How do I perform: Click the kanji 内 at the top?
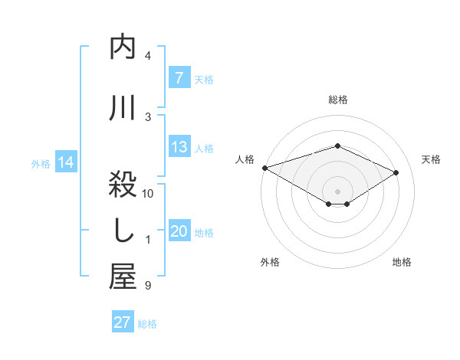(123, 47)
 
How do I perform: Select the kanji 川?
(123, 108)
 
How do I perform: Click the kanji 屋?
(123, 277)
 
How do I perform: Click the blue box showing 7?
(179, 78)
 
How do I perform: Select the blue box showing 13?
(179, 148)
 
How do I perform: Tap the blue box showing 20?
(179, 232)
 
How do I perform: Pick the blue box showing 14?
(65, 162)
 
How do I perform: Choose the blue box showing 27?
(123, 322)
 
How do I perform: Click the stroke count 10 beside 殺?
(148, 194)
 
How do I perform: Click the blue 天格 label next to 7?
(204, 79)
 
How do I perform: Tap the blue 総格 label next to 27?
(147, 323)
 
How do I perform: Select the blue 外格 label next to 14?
(41, 163)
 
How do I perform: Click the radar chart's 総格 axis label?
(337, 100)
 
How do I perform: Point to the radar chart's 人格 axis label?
(245, 159)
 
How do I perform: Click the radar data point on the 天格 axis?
(396, 173)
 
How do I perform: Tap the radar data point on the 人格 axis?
(264, 167)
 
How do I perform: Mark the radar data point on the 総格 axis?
(337, 146)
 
